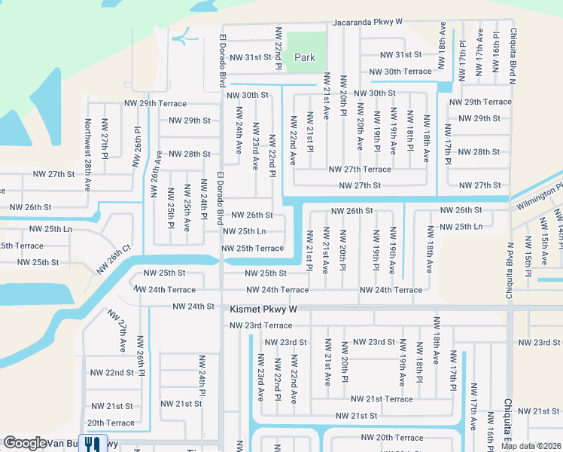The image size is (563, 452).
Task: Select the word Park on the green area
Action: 305,57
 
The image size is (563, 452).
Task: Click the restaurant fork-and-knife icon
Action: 93,443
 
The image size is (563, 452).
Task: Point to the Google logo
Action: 25,443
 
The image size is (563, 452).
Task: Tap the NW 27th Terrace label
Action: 360,169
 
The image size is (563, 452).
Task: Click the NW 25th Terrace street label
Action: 252,249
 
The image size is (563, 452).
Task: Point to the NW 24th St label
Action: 193,307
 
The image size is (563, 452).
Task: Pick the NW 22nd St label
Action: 109,373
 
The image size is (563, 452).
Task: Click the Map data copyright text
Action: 531,446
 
